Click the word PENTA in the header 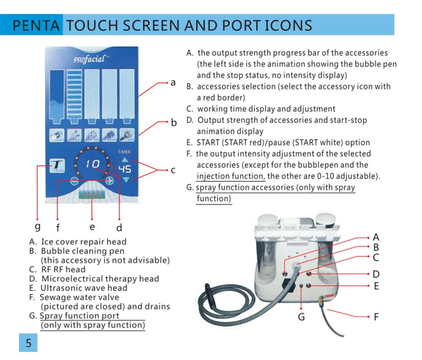click(x=36, y=25)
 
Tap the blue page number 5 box click(x=28, y=343)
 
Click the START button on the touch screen click(x=92, y=194)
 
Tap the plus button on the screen click(x=109, y=181)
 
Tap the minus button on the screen click(x=74, y=181)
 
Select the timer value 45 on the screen click(x=125, y=169)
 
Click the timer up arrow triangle click(x=125, y=160)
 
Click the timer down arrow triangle click(x=126, y=180)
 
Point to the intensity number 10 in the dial click(x=93, y=163)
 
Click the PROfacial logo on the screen click(x=91, y=59)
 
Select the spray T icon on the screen click(x=57, y=166)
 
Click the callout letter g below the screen click(x=37, y=226)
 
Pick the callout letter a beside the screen click(x=173, y=82)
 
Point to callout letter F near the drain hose click(x=376, y=317)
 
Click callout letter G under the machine click(x=301, y=317)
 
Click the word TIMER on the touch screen click(x=124, y=152)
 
